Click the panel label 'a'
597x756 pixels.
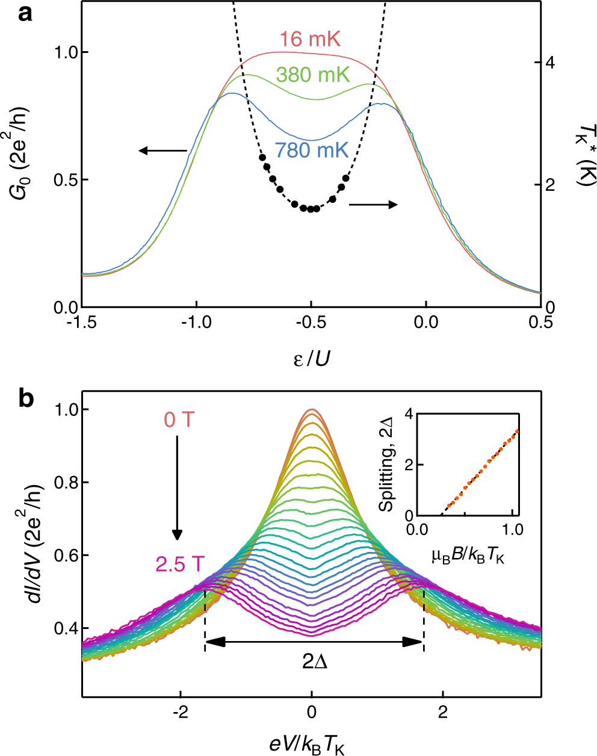(x=25, y=13)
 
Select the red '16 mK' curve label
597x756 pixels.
(x=310, y=40)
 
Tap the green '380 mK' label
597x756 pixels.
(x=312, y=75)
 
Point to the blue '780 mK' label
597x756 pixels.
(x=312, y=150)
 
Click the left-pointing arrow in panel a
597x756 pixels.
(x=162, y=150)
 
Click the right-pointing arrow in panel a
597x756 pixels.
(x=373, y=205)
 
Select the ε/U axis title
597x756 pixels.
(x=312, y=359)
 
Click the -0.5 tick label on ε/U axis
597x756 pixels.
(x=311, y=323)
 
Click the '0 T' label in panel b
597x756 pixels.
(x=180, y=420)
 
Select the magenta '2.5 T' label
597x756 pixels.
(x=180, y=565)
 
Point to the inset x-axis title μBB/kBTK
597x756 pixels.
(x=468, y=557)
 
